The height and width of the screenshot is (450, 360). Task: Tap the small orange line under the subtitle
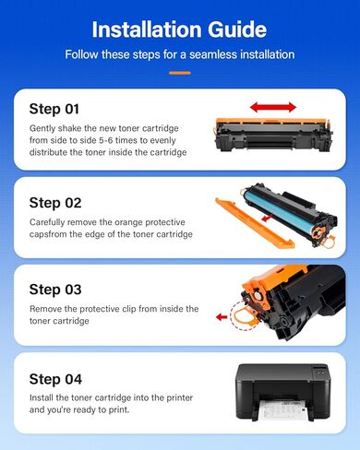(179, 72)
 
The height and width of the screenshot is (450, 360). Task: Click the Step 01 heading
(54, 108)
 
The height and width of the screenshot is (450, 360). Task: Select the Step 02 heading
(55, 202)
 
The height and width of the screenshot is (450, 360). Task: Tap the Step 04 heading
(55, 379)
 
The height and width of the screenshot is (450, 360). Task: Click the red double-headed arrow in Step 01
(273, 107)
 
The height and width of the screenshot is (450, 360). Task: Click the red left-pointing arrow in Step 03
(222, 317)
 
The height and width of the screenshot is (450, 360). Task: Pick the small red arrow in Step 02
(265, 221)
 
